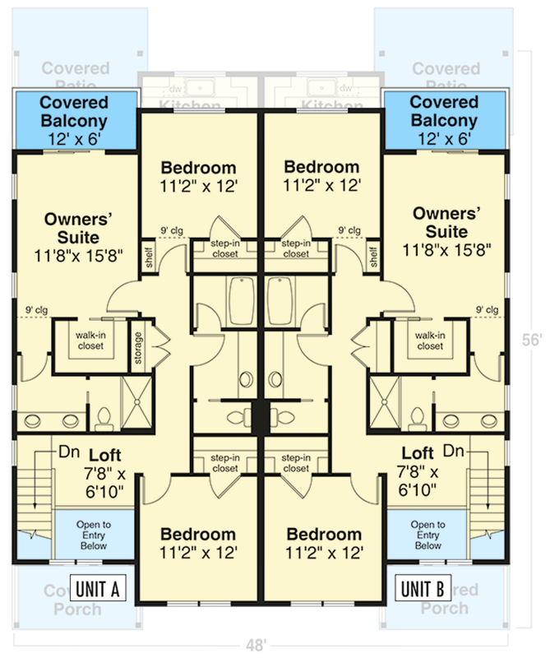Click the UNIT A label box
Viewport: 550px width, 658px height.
pos(99,589)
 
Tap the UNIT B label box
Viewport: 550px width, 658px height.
pos(423,589)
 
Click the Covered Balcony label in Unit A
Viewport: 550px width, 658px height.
pos(75,121)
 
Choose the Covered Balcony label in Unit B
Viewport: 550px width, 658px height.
pos(444,121)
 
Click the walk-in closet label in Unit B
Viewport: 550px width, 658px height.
pos(430,341)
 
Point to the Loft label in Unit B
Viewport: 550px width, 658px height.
pos(418,453)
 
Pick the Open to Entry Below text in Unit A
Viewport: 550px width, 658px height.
pos(94,535)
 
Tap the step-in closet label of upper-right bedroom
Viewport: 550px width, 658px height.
pos(296,248)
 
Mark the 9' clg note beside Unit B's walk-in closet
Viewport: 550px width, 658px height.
pos(487,310)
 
